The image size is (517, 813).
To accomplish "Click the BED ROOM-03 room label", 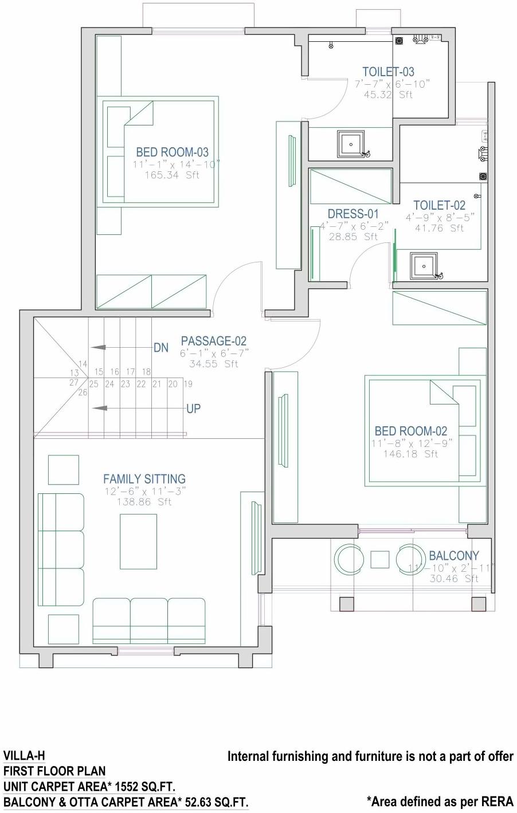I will (x=172, y=152).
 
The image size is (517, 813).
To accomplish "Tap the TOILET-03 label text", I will (x=388, y=72).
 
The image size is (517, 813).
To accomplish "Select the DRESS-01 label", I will (x=353, y=214).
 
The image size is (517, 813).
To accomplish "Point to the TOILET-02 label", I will (x=440, y=205).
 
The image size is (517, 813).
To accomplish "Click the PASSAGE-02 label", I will (x=214, y=341).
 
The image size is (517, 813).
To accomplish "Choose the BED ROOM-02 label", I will (x=410, y=431).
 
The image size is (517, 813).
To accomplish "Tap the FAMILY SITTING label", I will (x=144, y=479).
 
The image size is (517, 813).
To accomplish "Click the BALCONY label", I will (x=454, y=555).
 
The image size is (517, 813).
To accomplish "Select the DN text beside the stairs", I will (x=161, y=348).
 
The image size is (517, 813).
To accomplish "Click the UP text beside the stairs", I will (x=193, y=409).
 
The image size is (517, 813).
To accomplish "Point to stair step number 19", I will (x=188, y=384).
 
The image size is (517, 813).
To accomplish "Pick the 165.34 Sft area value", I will (x=171, y=175).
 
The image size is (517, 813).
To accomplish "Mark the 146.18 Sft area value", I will (x=410, y=454).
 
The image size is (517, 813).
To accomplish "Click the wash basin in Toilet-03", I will (x=350, y=143).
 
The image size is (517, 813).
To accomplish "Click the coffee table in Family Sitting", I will (x=138, y=541).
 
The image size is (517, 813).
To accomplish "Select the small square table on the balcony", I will (x=379, y=559).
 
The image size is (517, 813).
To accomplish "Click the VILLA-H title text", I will (x=24, y=756).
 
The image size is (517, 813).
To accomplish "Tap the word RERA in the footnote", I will (x=498, y=801).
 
